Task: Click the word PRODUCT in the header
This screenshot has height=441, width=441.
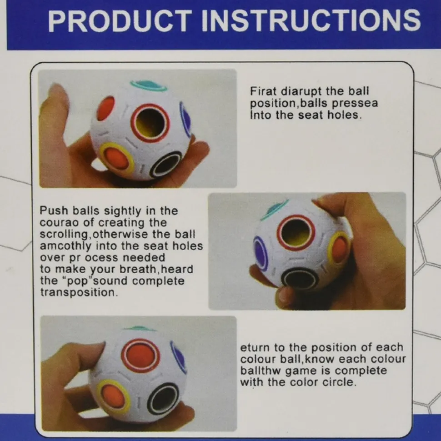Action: pyautogui.click(x=120, y=20)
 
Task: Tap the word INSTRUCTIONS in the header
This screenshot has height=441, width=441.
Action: pyautogui.click(x=311, y=20)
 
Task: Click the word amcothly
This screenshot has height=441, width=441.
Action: pyautogui.click(x=65, y=246)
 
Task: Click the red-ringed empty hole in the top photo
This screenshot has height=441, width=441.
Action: pyautogui.click(x=150, y=123)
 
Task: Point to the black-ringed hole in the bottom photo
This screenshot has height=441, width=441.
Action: pyautogui.click(x=163, y=399)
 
